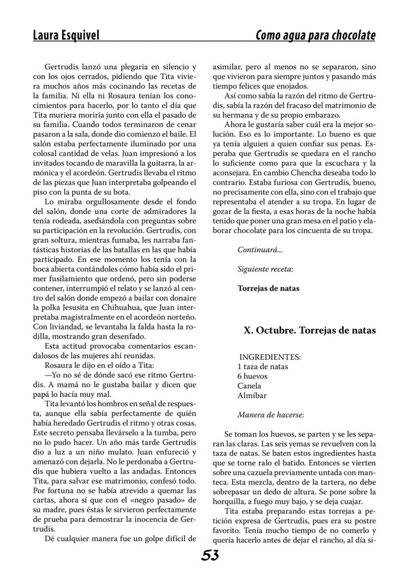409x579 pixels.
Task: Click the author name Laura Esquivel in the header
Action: pyautogui.click(x=66, y=36)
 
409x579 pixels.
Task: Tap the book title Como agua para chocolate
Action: pyautogui.click(x=315, y=36)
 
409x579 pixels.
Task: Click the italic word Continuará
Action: pyautogui.click(x=260, y=250)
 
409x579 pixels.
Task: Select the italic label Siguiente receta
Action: pyautogui.click(x=265, y=269)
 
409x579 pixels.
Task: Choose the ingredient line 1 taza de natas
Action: pyautogui.click(x=262, y=366)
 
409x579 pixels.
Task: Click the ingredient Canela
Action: pyautogui.click(x=249, y=386)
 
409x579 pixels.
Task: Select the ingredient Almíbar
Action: pyautogui.click(x=252, y=396)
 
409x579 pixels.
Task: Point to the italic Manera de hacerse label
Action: pyautogui.click(x=270, y=415)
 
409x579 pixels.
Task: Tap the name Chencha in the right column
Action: pyautogui.click(x=316, y=173)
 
